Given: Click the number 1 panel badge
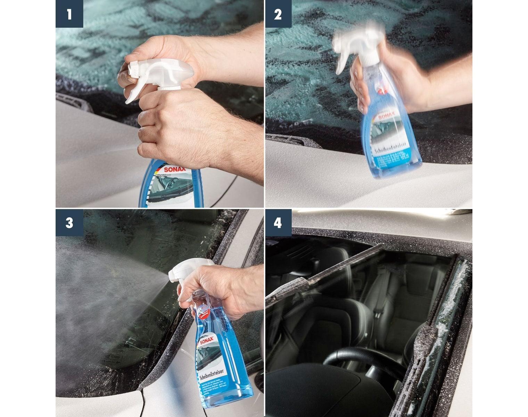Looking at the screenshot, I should pyautogui.click(x=69, y=14).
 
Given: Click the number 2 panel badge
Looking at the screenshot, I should pyautogui.click(x=278, y=14).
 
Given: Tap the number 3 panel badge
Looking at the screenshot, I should pyautogui.click(x=69, y=223).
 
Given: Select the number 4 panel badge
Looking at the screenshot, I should pyautogui.click(x=278, y=223).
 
